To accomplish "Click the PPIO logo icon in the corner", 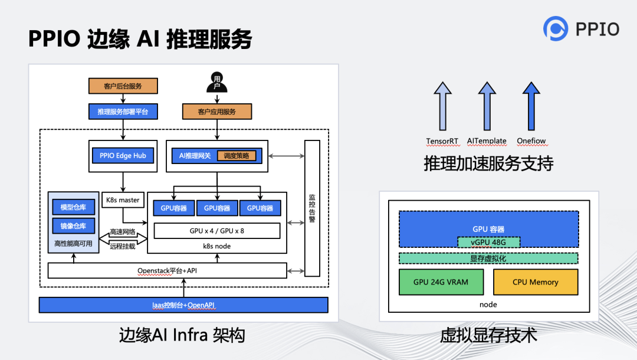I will [x=555, y=28].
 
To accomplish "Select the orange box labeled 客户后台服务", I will [x=123, y=86].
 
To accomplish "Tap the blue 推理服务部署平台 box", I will [x=123, y=111].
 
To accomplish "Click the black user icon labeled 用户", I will [x=216, y=82].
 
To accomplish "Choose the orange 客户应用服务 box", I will [x=216, y=112].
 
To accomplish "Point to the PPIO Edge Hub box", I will [x=123, y=156].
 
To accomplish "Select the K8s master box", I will [x=123, y=200].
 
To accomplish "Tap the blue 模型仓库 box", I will [x=73, y=208].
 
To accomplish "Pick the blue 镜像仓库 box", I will [x=73, y=226].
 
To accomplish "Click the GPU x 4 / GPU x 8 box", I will [x=216, y=230].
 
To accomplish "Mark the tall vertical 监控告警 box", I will [x=312, y=208].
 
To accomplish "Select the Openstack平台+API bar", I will [x=167, y=271].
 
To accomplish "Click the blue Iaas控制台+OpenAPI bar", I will [x=183, y=305].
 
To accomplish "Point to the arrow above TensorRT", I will [x=442, y=106].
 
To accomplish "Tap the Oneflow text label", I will [x=531, y=141].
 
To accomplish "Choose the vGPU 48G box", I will [x=488, y=241].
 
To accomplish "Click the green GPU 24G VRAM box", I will [x=441, y=282].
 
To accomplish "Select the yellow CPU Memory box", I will [x=535, y=282].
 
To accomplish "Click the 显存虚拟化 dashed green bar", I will [x=488, y=258].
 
